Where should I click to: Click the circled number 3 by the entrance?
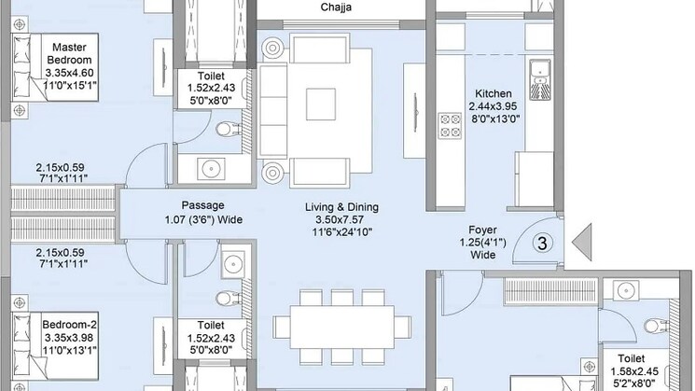tap(542, 243)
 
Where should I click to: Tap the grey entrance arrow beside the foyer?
tap(584, 243)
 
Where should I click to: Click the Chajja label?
tap(336, 7)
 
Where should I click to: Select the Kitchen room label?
tap(493, 93)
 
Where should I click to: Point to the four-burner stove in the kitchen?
tap(450, 125)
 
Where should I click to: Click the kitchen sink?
tap(540, 80)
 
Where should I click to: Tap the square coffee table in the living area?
tap(321, 105)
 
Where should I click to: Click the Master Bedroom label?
tap(69, 53)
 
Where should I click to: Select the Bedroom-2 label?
tap(70, 325)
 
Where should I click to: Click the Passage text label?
tap(203, 205)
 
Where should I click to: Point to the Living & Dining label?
tap(341, 207)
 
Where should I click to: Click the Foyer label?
tap(482, 230)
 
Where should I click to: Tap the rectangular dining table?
tap(342, 328)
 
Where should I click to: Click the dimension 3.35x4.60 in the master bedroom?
tap(69, 73)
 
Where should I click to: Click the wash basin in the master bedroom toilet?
tap(211, 169)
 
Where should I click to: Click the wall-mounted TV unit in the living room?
tap(415, 111)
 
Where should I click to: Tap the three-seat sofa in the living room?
tap(273, 111)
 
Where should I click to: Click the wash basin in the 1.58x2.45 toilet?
tap(626, 291)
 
